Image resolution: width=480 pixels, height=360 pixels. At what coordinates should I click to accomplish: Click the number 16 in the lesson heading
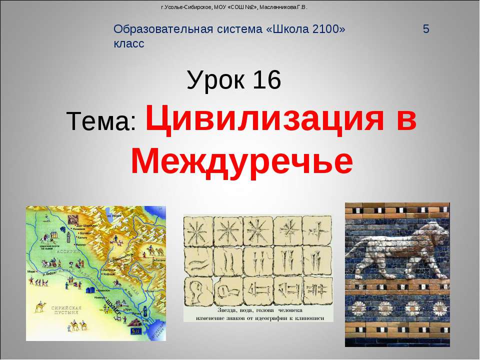(267, 80)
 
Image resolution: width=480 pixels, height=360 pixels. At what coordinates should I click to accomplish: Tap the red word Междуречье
(241, 161)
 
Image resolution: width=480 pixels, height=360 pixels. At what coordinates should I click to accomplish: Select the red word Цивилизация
(270, 120)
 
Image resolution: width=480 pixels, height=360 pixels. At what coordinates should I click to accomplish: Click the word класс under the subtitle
(129, 43)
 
